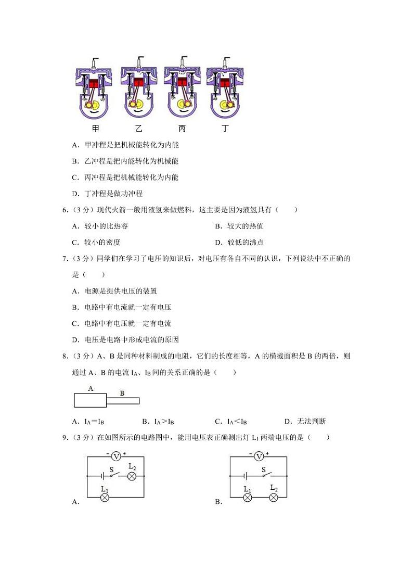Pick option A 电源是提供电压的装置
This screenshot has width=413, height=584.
[114, 291]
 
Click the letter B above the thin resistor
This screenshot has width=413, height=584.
[122, 393]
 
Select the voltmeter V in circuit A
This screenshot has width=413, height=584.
[117, 456]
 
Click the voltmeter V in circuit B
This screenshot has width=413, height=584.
[260, 456]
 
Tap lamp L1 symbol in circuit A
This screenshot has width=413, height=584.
[105, 497]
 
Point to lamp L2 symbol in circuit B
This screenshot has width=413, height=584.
[274, 497]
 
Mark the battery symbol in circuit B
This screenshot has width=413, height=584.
[244, 476]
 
